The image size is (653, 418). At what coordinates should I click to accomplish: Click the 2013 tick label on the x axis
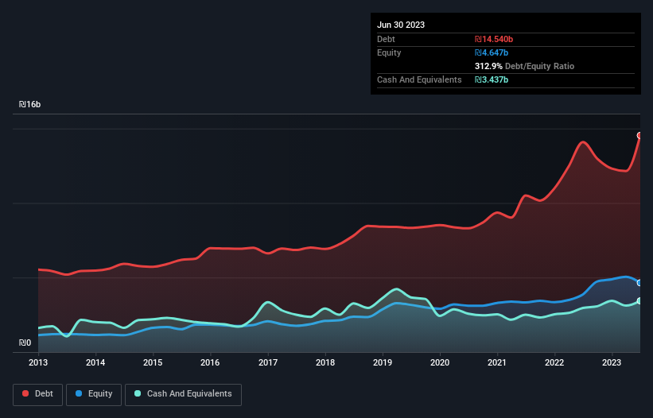point(38,362)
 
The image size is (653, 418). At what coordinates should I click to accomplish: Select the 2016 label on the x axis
point(210,362)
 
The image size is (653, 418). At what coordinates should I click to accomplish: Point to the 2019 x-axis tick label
point(383,362)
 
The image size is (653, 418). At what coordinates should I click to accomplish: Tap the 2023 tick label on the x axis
point(612,362)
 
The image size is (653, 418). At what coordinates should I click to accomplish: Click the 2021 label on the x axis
point(497,362)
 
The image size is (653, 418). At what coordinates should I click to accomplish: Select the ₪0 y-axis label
point(25,343)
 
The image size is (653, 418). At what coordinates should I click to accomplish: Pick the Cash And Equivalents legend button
point(183,394)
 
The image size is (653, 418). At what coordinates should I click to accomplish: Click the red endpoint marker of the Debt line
point(639,136)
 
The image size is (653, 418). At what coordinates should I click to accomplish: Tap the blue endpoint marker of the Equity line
point(639,283)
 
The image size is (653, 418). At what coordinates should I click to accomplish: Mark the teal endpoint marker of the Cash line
point(639,300)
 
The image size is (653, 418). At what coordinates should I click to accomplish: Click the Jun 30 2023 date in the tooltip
point(401,25)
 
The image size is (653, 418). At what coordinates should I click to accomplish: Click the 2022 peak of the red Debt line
point(583,142)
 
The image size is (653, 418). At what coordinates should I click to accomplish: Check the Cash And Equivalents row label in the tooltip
point(419,79)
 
